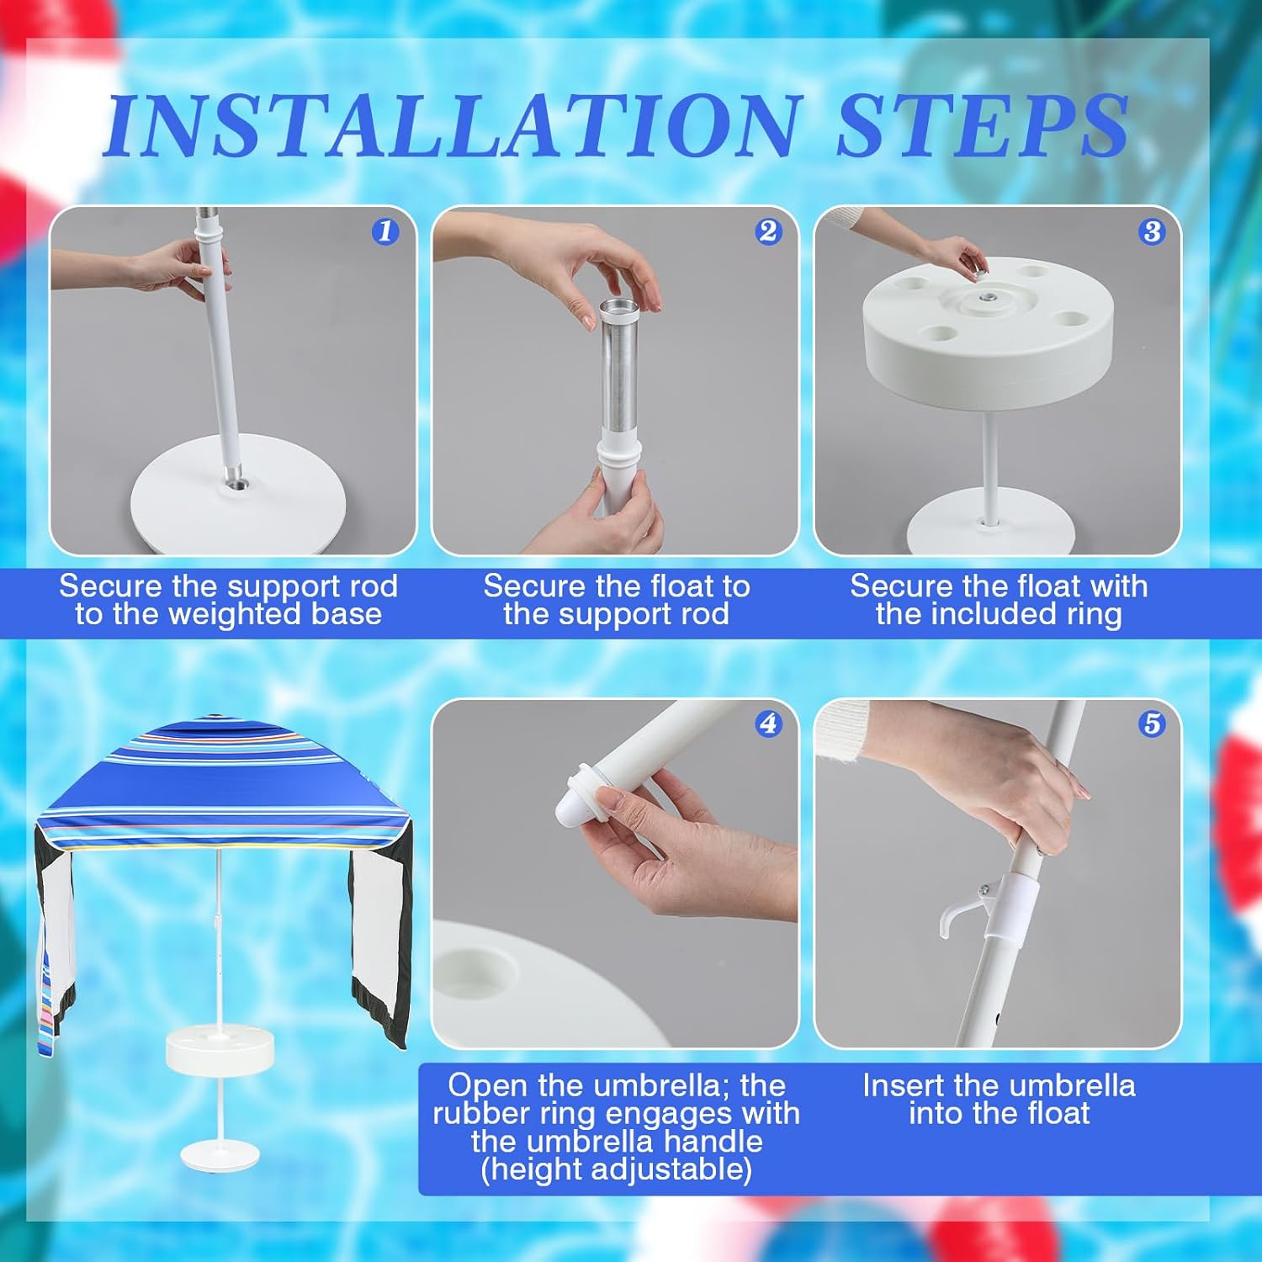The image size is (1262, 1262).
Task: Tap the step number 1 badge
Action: click(385, 231)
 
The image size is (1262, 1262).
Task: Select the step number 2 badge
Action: click(767, 231)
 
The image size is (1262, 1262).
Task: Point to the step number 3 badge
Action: click(1152, 231)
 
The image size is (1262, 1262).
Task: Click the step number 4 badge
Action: click(767, 724)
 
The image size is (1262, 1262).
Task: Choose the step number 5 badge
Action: click(1152, 724)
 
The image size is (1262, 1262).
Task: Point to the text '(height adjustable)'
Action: click(616, 1169)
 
